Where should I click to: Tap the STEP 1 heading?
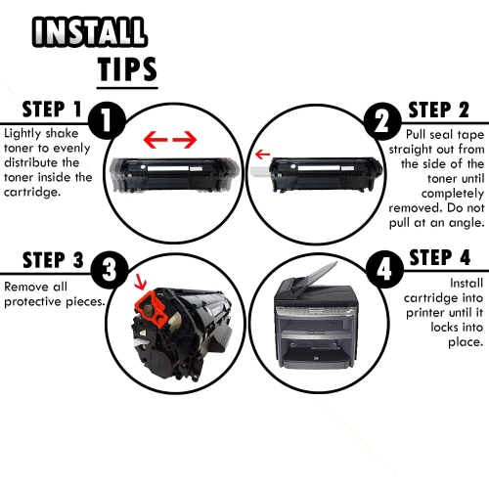pos(42,110)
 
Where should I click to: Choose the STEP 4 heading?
pos(443,258)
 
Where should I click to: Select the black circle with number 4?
pos(378,266)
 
